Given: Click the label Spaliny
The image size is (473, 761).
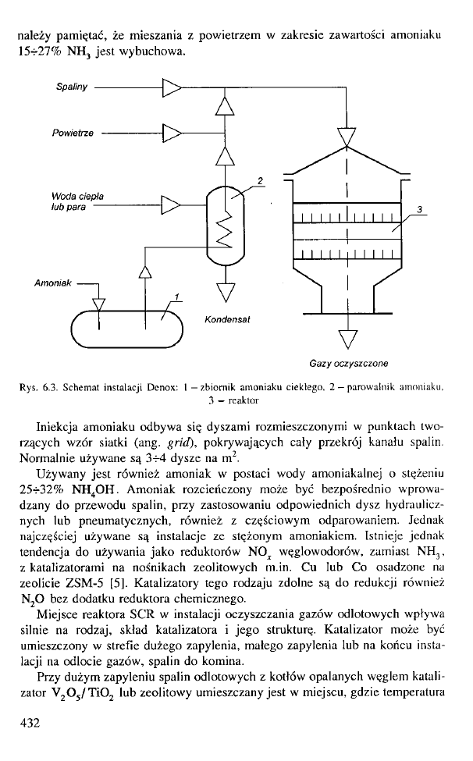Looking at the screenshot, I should tap(69, 88).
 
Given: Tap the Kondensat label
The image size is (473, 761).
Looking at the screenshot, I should tap(226, 319).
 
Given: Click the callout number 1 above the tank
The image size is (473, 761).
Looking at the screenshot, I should tap(177, 295).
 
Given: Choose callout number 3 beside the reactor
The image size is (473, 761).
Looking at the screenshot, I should tap(420, 210).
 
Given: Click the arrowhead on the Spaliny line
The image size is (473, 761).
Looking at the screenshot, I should tap(171, 88).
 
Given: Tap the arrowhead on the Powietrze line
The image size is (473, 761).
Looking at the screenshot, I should tap(171, 133).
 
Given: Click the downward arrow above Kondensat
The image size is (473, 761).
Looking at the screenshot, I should tap(225, 290).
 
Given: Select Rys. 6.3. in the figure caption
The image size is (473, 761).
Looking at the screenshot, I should tap(37, 387).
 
